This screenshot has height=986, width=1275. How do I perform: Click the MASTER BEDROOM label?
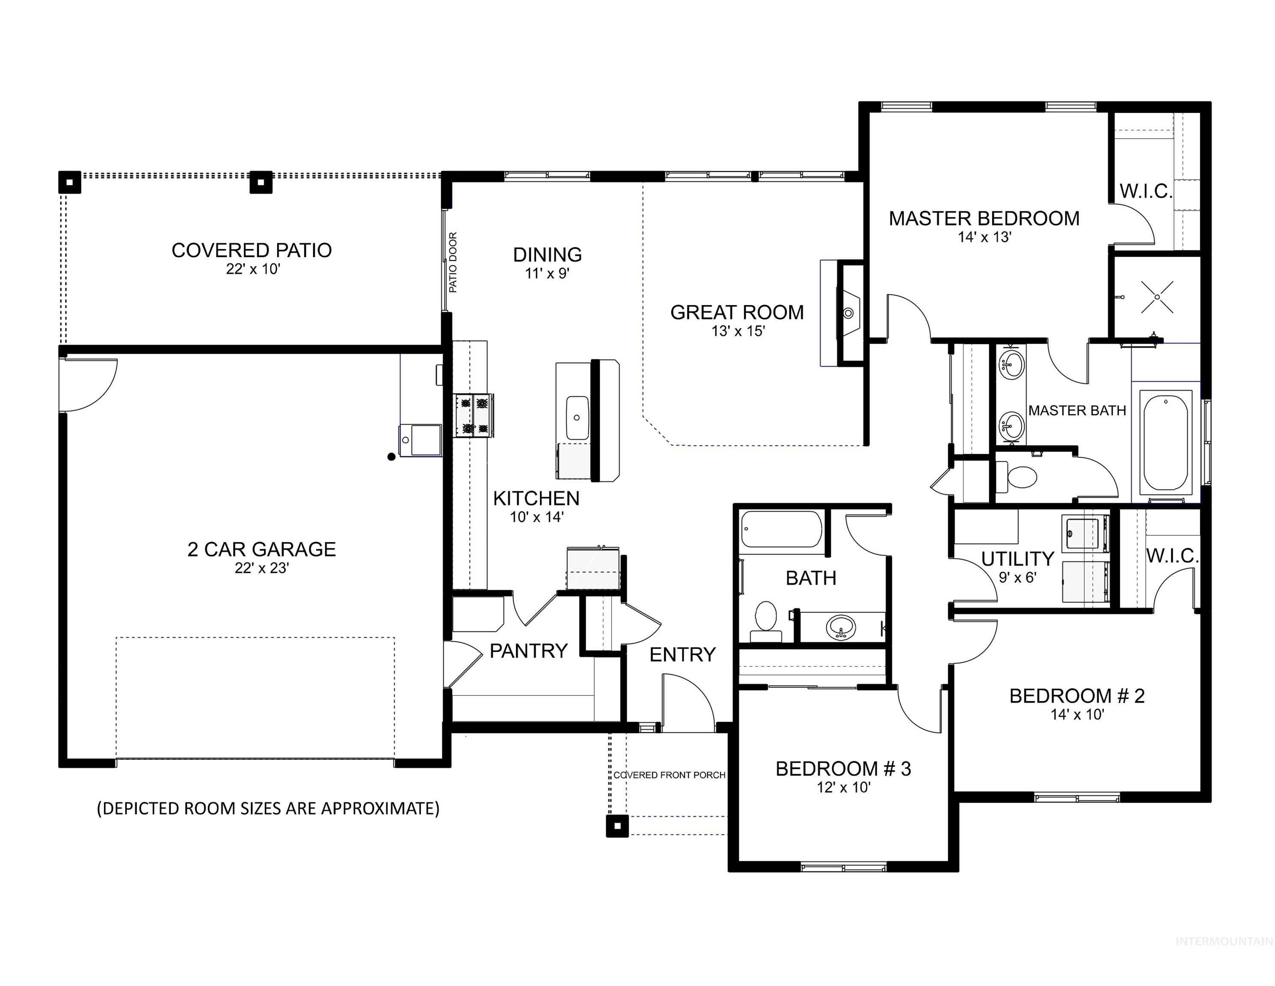coord(984,218)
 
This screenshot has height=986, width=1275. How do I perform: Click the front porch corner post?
coord(617,826)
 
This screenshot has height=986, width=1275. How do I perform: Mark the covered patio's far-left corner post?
coord(69,182)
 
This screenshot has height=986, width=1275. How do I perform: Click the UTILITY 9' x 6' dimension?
coord(1017,577)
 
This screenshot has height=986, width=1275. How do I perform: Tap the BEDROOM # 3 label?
coord(843,769)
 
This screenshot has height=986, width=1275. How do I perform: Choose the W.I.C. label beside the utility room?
coord(1172,556)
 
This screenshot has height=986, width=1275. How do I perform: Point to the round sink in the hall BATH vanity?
coord(841,627)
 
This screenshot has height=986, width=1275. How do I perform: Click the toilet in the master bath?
coord(1019,475)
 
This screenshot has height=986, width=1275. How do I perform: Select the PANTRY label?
coord(528,650)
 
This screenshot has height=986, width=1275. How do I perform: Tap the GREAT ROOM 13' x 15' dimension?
coord(738,331)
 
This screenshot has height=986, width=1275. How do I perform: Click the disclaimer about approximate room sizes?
coord(268,808)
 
